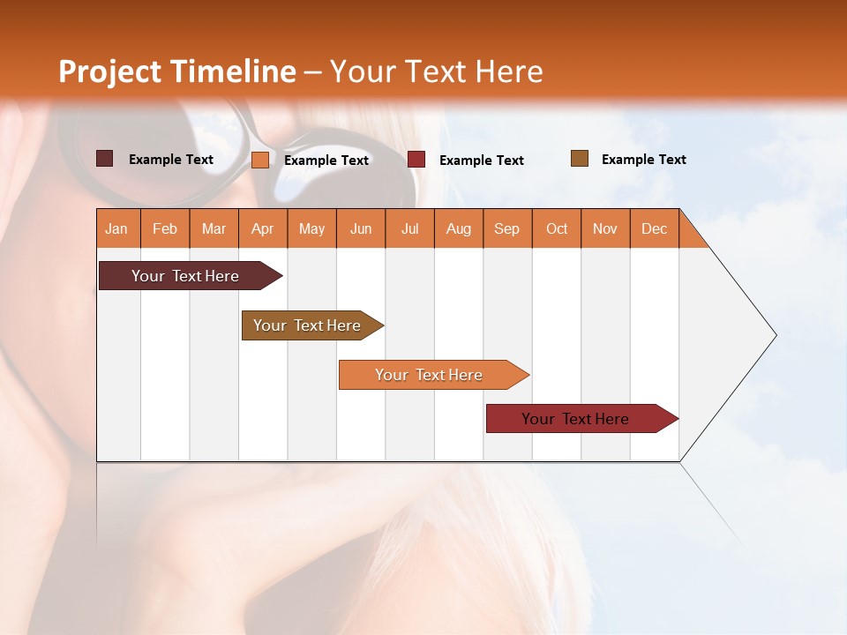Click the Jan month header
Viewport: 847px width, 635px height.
tap(117, 228)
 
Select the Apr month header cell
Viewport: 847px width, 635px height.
tap(263, 228)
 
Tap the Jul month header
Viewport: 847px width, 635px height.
tap(409, 228)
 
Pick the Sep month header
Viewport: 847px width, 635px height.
tap(507, 228)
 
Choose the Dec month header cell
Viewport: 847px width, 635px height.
tap(654, 228)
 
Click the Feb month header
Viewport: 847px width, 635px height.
tap(165, 228)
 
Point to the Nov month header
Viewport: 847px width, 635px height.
tap(605, 228)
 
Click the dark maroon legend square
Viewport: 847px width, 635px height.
tap(104, 159)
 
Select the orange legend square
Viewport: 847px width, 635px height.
tap(260, 160)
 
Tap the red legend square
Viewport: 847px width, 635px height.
tap(416, 160)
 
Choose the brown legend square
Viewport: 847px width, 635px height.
tap(580, 159)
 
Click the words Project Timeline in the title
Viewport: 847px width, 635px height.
tap(176, 71)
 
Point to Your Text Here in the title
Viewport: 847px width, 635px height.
tap(437, 71)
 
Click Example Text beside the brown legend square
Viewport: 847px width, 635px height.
tap(643, 160)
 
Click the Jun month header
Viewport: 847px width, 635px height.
tap(361, 228)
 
